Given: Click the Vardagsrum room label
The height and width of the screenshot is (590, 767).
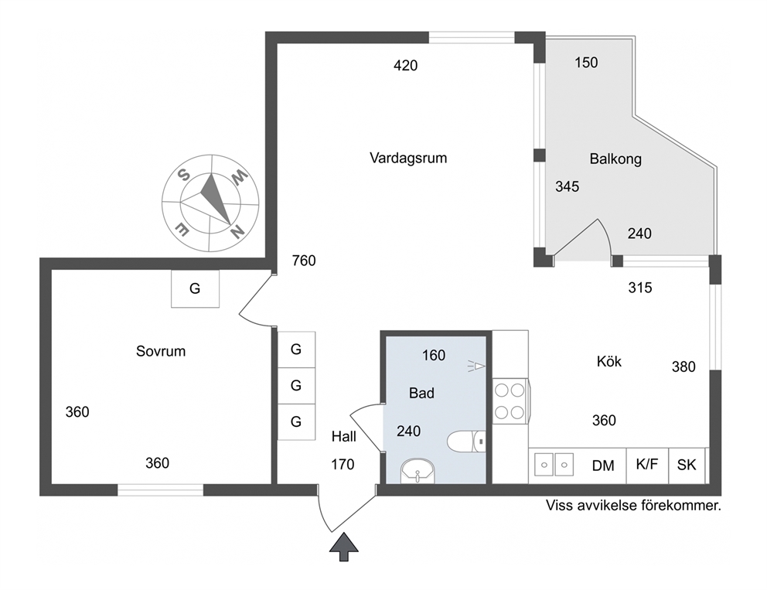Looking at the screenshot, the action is point(408,159).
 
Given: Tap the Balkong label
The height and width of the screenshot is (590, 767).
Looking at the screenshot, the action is point(615,159).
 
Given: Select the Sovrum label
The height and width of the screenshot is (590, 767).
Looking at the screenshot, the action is point(161,351).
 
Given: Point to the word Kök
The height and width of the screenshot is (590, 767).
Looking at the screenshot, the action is point(609,361).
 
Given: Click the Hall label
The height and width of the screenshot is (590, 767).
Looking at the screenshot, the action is point(344,436).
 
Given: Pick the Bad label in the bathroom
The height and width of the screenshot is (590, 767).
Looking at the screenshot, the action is point(421,393).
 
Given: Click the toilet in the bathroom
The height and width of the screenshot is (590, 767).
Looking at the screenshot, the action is point(466,441).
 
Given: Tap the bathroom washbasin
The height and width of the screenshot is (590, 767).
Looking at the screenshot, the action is point(418,472).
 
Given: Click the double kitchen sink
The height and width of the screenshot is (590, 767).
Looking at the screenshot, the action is point(554,465).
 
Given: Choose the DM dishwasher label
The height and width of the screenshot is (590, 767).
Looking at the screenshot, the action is point(603,466).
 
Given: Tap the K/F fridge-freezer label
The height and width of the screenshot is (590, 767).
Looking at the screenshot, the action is point(647,464).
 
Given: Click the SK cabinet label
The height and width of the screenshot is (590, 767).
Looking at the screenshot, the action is point(687,465).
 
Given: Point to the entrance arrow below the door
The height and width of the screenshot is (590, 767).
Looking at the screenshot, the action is point(344,547).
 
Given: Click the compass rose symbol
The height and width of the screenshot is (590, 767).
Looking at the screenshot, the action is point(210,203).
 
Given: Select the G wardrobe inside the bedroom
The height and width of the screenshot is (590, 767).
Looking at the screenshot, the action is point(195,288).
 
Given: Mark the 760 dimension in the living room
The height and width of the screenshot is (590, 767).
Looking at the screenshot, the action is point(304,261).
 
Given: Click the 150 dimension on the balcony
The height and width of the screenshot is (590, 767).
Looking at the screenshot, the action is point(586,63).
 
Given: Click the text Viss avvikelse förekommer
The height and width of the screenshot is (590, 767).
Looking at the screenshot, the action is point(633,506).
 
